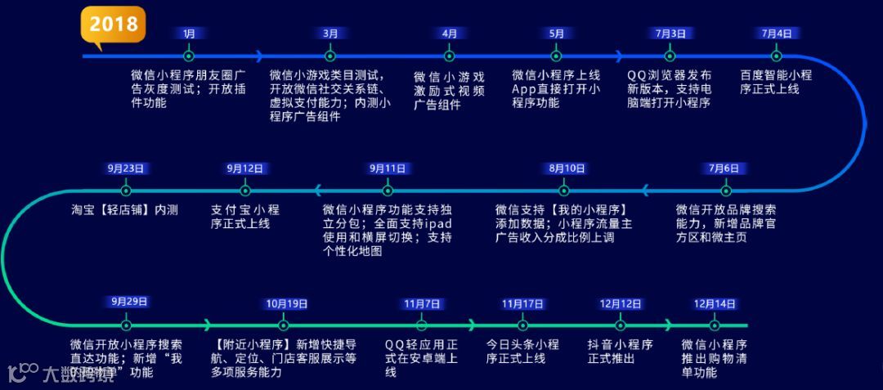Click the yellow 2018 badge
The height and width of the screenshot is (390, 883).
click(x=113, y=24)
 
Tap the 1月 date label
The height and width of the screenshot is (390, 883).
click(x=189, y=34)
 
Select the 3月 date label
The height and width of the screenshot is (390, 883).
click(x=330, y=34)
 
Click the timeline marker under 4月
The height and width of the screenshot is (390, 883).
click(x=449, y=56)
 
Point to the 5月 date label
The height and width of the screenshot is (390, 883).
click(x=557, y=34)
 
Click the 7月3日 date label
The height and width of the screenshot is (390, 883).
click(x=670, y=34)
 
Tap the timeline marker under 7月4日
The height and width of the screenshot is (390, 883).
click(x=777, y=56)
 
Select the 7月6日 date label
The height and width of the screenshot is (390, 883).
click(x=724, y=168)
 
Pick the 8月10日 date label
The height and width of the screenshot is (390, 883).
click(x=567, y=168)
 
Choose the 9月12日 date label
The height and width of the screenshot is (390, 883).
click(x=244, y=168)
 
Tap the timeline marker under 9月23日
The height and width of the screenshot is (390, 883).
click(x=126, y=191)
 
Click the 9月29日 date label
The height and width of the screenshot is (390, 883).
click(x=129, y=302)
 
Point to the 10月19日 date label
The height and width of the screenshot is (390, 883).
click(x=286, y=303)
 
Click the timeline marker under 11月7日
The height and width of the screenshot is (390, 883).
click(x=422, y=325)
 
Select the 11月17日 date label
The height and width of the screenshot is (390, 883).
click(x=522, y=303)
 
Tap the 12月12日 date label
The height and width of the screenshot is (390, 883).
click(x=621, y=303)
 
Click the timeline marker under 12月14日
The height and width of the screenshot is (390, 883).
click(x=715, y=325)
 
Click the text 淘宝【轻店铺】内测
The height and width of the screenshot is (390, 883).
click(x=124, y=210)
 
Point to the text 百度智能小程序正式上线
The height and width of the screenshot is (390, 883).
click(x=776, y=82)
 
